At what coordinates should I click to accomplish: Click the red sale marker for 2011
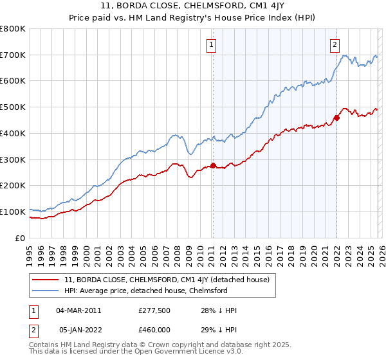pyautogui.click(x=213, y=165)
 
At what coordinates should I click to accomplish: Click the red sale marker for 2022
pyautogui.click(x=336, y=118)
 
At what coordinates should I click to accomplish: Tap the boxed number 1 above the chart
pyautogui.click(x=212, y=44)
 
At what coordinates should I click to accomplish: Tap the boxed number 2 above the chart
pyautogui.click(x=335, y=44)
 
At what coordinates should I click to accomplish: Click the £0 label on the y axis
pyautogui.click(x=21, y=238)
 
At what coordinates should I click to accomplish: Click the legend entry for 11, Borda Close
pyautogui.click(x=170, y=280)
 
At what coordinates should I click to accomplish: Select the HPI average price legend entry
pyautogui.click(x=146, y=291)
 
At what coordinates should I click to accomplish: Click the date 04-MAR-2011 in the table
pyautogui.click(x=78, y=310)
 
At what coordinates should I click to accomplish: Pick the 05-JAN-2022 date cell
pyautogui.click(x=78, y=328)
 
